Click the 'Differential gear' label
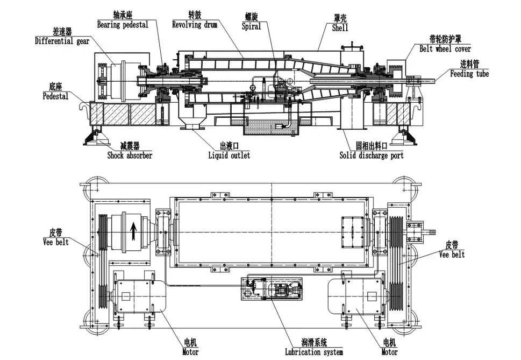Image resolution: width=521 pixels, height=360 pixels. pos(62,41)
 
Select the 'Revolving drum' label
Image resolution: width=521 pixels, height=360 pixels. pos(194,25)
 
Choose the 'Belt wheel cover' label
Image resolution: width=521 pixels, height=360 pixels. pos(445,48)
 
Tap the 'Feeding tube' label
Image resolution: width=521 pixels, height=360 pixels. pos(469,74)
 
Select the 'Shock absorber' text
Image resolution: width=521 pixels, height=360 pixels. pos(130,156)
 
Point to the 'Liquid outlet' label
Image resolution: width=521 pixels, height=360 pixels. pos(229,156)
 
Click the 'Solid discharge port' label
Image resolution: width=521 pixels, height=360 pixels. pos(372,156)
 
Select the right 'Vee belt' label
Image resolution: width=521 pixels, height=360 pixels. pos(452,254)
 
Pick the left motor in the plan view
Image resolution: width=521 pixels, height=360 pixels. pos(132,296)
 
